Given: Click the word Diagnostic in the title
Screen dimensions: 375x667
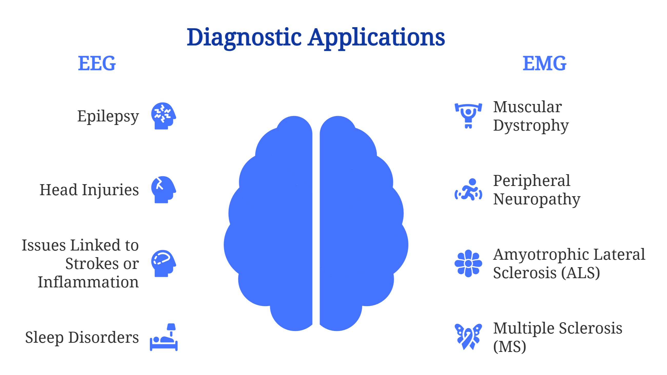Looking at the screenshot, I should tap(244, 38).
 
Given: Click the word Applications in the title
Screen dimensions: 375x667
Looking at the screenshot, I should tap(376, 38).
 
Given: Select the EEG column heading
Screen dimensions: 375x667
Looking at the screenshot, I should tap(97, 63).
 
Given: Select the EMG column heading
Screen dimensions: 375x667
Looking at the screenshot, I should tap(544, 63).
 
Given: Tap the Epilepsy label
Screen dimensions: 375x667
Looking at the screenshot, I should tap(108, 116).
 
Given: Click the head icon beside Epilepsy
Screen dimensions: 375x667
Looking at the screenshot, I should tap(163, 116).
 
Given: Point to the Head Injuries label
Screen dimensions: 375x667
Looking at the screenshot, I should tap(89, 190).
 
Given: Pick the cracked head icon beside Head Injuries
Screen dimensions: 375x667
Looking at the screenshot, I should tap(163, 190).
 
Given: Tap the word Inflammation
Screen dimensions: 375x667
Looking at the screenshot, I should tap(88, 282).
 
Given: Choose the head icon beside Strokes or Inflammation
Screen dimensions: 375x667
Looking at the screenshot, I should tap(163, 263).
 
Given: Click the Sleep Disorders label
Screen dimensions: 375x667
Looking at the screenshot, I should tap(82, 338).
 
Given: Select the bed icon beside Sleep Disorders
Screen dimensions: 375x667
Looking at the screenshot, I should tap(164, 337).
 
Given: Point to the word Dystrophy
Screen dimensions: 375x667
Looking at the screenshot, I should tap(531, 126).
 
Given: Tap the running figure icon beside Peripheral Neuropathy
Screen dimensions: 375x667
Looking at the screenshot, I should tap(468, 190).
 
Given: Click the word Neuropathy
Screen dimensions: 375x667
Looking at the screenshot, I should tap(536, 199).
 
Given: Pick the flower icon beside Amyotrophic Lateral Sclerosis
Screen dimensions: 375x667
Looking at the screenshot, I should tap(468, 263).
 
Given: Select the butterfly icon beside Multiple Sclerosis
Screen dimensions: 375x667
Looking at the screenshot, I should tap(468, 337).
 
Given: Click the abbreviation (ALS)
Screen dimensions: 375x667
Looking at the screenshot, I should tap(580, 273).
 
